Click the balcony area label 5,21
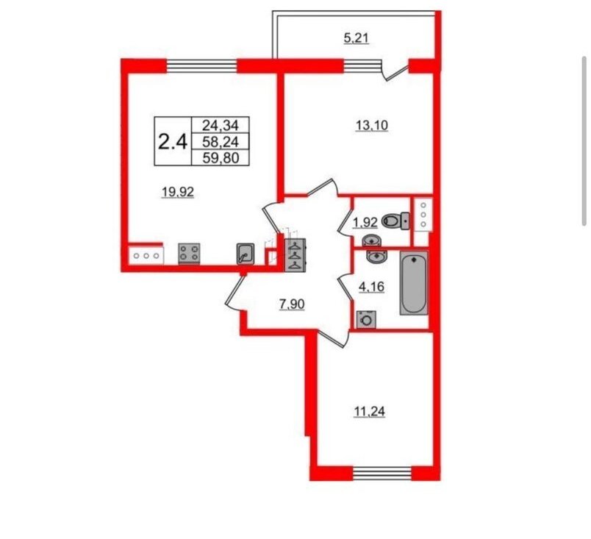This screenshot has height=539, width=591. [357, 38]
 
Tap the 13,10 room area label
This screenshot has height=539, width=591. [372, 126]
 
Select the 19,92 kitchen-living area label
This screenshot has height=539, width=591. [178, 193]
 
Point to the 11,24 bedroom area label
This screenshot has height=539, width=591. [369, 412]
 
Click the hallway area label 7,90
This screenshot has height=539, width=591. [292, 304]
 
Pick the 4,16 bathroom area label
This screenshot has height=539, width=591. [372, 288]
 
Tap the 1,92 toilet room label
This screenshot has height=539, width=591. [365, 223]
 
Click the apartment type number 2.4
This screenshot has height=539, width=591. [173, 143]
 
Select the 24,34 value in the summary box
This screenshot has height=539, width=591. [221, 124]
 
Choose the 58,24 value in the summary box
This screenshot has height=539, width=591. [221, 141]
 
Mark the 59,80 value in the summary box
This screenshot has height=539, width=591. [221, 158]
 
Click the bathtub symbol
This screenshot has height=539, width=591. [414, 283]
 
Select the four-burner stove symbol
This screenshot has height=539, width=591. [189, 253]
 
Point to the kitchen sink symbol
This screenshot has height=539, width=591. [246, 254]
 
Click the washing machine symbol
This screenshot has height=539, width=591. [366, 320]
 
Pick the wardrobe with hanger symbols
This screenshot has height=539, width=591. [296, 255]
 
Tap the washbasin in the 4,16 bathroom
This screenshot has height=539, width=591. [374, 257]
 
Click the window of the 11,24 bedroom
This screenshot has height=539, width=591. [382, 473]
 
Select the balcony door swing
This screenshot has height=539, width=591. [395, 71]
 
